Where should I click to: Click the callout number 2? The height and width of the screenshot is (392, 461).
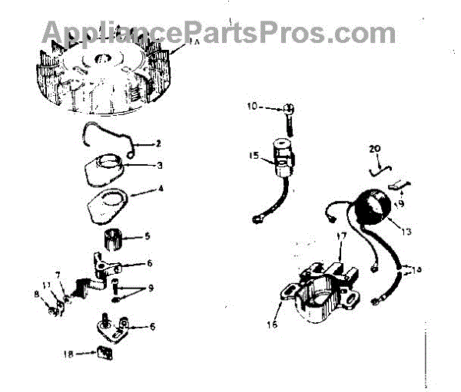tap(158, 143)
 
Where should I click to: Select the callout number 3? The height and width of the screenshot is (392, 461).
tap(159, 164)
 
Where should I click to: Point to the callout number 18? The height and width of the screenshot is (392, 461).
tap(68, 354)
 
